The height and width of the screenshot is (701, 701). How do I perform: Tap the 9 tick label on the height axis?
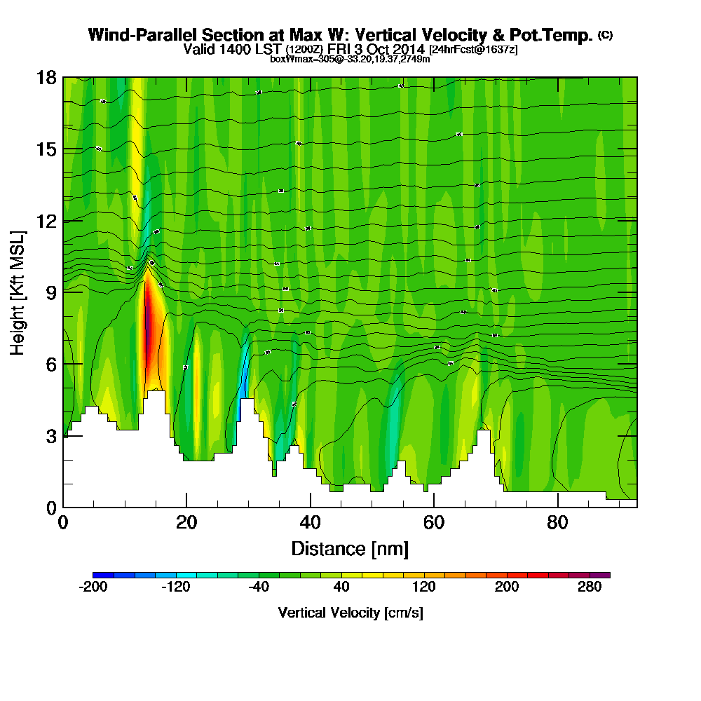[x=50, y=292]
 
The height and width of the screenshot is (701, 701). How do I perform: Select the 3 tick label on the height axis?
[x=50, y=435]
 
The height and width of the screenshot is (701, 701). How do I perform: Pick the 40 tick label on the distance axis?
[x=310, y=522]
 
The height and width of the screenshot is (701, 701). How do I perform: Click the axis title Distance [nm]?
[x=350, y=548]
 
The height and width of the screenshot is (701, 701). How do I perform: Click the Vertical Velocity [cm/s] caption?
[x=350, y=613]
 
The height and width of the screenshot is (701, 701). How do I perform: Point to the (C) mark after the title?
[x=605, y=34]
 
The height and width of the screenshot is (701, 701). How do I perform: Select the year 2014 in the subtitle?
[x=409, y=49]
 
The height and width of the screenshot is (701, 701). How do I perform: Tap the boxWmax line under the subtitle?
[x=350, y=59]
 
